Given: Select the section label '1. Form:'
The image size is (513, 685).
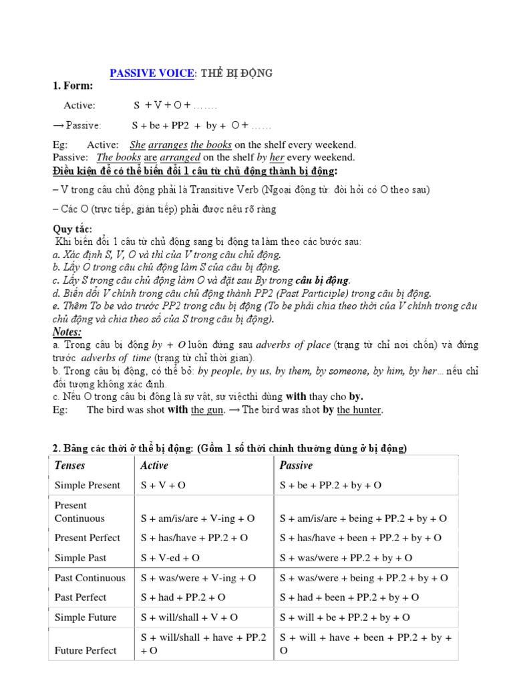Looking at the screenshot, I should (x=73, y=86).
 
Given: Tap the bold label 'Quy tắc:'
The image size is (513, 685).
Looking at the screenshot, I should (x=73, y=229).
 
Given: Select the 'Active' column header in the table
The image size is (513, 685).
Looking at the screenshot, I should (x=154, y=466).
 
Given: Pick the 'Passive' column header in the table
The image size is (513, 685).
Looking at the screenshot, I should (x=296, y=466).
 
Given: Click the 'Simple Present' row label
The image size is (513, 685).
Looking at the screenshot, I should (x=88, y=486).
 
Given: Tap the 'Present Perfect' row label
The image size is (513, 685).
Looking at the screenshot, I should (x=88, y=538).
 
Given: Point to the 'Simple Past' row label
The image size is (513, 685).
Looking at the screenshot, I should (x=80, y=558).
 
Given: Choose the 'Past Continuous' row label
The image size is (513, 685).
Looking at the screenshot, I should (x=90, y=578).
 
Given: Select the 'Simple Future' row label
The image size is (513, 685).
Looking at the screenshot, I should (x=85, y=617).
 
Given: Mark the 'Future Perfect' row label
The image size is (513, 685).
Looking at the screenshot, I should (x=85, y=650).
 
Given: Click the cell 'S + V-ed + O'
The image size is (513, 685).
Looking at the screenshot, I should (x=170, y=558).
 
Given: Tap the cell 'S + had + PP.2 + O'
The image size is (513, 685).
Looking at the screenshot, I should (x=183, y=597).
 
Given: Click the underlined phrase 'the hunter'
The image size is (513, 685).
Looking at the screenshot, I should (x=359, y=410).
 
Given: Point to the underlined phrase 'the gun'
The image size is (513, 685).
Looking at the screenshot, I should (x=207, y=410).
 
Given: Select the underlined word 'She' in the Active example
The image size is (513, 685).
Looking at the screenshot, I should (x=138, y=144).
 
